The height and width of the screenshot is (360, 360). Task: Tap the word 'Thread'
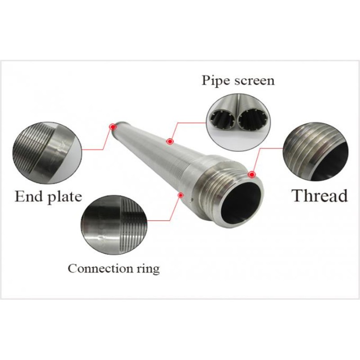(319, 196)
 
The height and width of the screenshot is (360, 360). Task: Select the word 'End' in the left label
(29, 196)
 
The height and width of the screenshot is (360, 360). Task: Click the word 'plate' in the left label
(65, 197)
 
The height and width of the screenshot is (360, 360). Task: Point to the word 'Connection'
(100, 268)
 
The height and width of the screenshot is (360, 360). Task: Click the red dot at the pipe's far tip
(113, 126)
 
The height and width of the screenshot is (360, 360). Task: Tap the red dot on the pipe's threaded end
(252, 175)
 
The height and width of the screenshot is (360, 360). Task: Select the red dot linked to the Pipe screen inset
(170, 141)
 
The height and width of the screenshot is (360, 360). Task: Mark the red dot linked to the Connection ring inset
(181, 195)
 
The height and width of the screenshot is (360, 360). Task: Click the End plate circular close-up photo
(47, 153)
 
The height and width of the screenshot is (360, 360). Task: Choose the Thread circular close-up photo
(316, 152)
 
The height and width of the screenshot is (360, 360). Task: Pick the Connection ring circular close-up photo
(114, 225)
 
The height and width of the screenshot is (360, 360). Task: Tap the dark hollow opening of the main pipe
(241, 200)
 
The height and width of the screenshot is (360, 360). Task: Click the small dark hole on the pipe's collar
(190, 202)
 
